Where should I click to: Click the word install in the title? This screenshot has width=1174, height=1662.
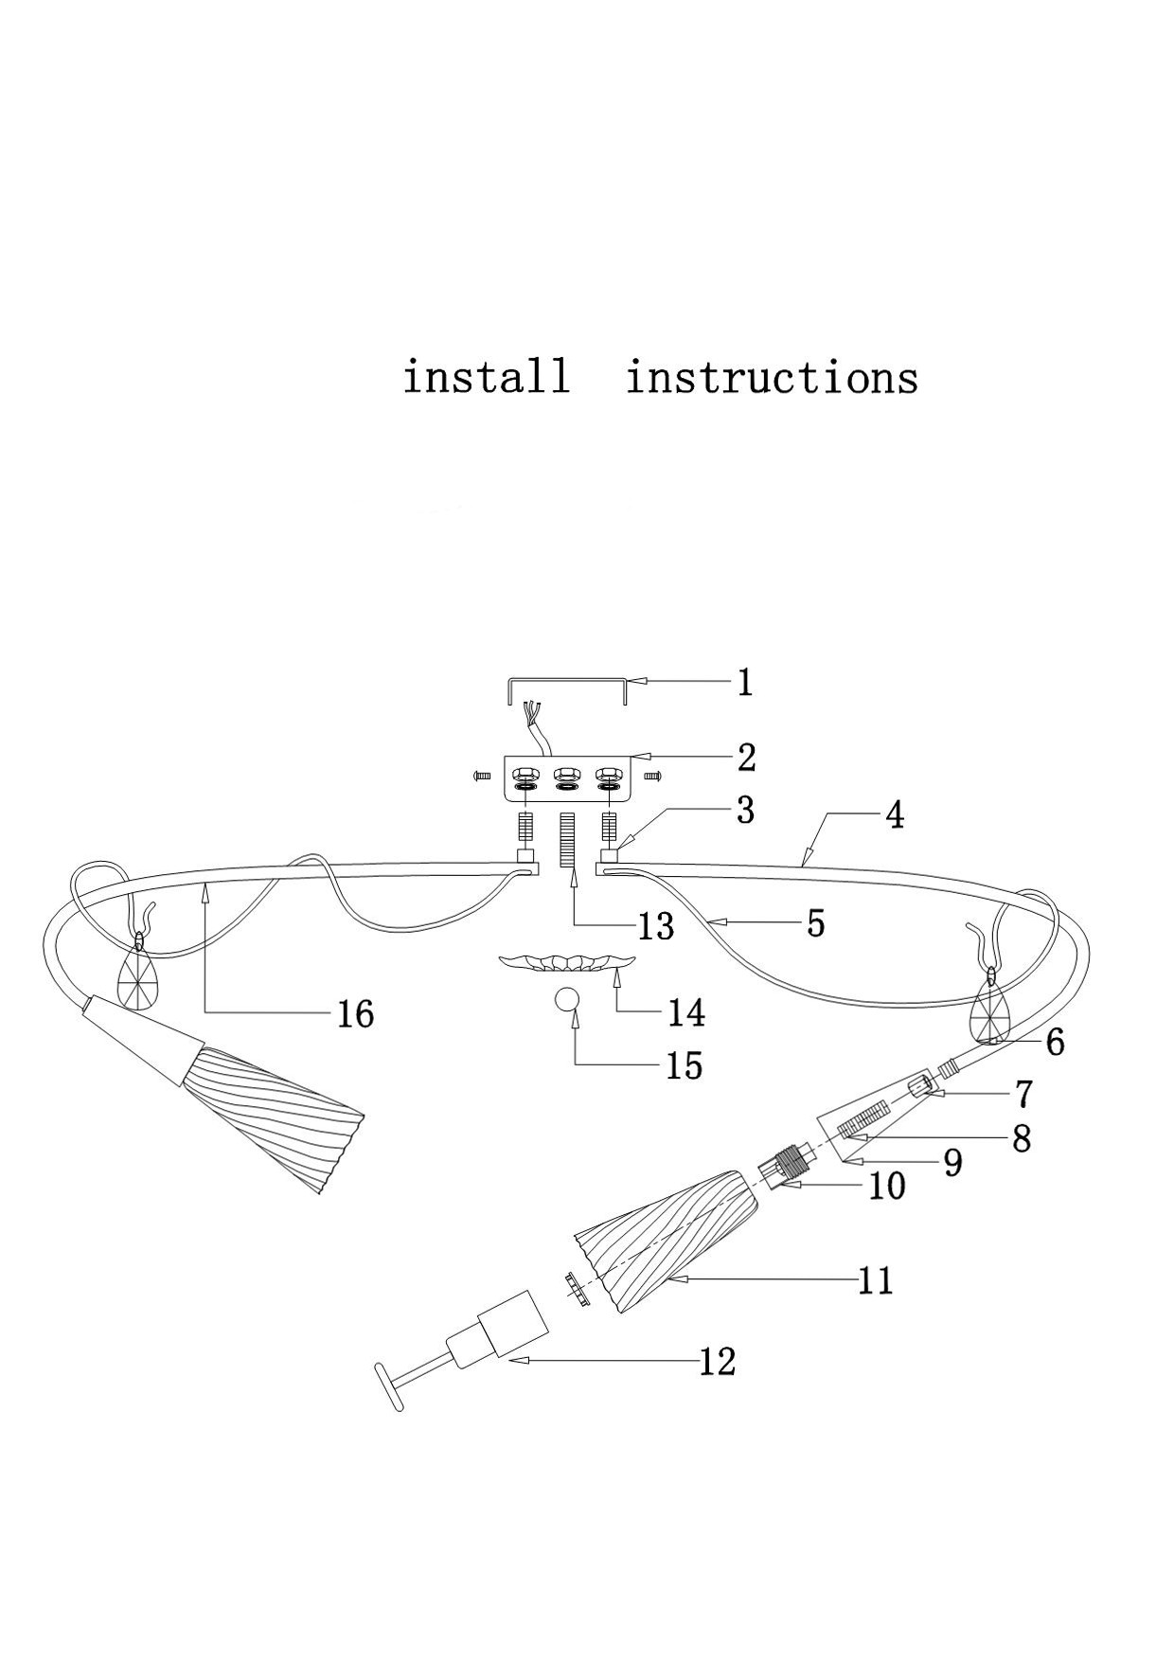pyautogui.click(x=487, y=377)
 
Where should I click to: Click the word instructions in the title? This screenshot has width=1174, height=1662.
pyautogui.click(x=772, y=378)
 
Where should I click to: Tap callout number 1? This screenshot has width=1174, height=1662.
pyautogui.click(x=745, y=682)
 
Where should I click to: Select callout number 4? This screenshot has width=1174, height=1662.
pyautogui.click(x=894, y=814)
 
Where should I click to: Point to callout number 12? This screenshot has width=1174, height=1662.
pyautogui.click(x=717, y=1362)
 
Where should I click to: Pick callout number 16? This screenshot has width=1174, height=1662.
pyautogui.click(x=356, y=1014)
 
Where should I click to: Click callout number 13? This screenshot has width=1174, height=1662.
pyautogui.click(x=655, y=925)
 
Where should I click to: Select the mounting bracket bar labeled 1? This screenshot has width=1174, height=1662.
pyautogui.click(x=567, y=680)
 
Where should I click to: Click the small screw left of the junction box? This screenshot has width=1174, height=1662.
pyautogui.click(x=480, y=776)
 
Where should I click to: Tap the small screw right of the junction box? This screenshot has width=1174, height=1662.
pyautogui.click(x=650, y=776)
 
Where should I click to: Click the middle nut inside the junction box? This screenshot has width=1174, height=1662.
pyautogui.click(x=566, y=773)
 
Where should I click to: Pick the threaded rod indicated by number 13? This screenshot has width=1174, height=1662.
pyautogui.click(x=568, y=839)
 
